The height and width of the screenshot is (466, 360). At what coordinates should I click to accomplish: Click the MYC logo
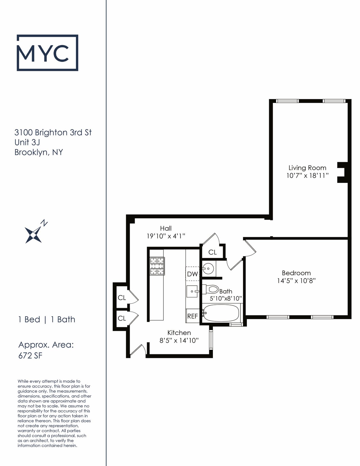(47, 53)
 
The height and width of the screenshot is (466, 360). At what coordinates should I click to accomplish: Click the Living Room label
(307, 168)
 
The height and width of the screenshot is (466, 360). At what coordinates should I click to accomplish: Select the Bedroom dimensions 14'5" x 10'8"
(296, 281)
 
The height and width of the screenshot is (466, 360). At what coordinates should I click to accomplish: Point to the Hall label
(166, 228)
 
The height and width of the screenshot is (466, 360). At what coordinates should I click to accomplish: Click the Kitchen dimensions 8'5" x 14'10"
(179, 340)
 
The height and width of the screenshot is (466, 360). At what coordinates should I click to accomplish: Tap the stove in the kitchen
(157, 266)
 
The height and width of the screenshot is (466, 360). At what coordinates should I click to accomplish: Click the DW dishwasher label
(192, 274)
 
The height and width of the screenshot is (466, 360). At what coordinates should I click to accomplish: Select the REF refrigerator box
(192, 316)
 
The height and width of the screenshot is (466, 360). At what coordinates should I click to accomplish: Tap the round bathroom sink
(208, 268)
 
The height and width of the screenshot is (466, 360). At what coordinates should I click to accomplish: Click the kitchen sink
(192, 291)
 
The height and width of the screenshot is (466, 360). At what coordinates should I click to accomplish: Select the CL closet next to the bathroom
(213, 252)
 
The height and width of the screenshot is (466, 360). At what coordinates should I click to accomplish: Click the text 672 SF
(30, 356)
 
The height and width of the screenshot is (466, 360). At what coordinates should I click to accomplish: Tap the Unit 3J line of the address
(27, 142)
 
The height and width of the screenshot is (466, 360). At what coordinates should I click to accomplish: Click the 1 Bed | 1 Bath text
(47, 319)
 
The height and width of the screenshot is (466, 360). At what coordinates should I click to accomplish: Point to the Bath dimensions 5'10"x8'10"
(226, 298)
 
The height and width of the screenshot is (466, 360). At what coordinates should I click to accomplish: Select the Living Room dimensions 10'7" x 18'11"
(307, 175)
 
